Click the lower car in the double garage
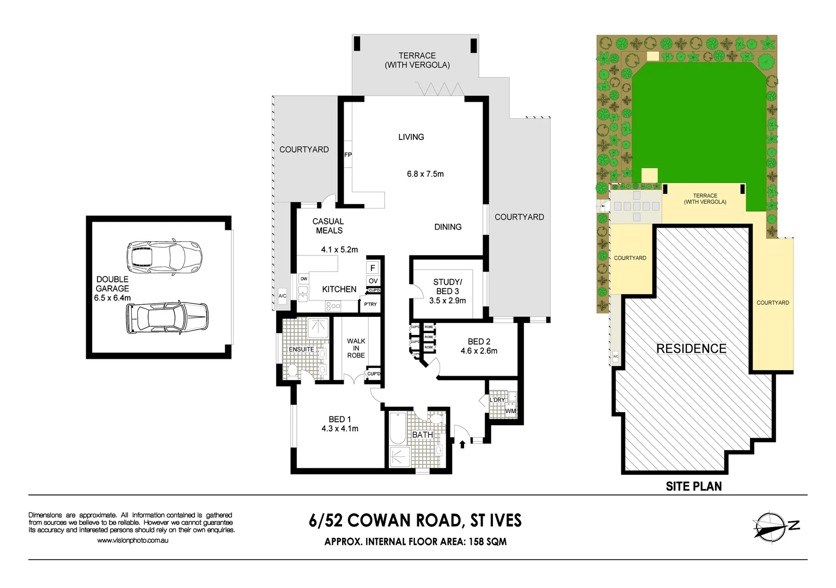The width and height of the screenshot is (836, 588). click(167, 317)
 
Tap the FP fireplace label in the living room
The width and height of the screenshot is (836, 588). click(348, 155)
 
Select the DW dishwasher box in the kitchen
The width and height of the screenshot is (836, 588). click(303, 279)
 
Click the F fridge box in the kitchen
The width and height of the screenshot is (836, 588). click(373, 268)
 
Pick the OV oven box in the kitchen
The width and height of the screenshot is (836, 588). click(373, 281)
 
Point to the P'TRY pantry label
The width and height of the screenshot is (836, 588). click(370, 304)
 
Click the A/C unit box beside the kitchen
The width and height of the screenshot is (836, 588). click(282, 296)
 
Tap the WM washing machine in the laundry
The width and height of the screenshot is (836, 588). click(510, 411)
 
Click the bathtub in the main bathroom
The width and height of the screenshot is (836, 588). click(397, 429)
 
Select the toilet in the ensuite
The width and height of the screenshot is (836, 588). click(292, 372)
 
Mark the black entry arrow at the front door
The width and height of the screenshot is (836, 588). click(462, 444)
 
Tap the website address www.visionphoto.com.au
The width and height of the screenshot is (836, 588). click(132, 541)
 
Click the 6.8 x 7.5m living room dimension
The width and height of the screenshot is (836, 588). click(425, 174)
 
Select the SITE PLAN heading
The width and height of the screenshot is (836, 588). click(693, 487)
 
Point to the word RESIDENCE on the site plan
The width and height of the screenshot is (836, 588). click(691, 348)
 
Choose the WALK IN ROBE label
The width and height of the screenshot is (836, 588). click(356, 348)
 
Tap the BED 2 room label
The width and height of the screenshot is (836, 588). click(479, 341)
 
